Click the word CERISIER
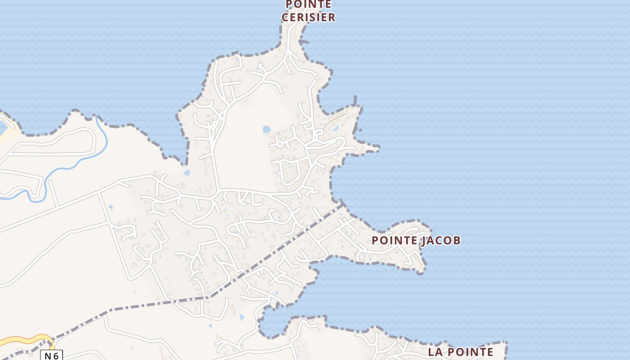click(308, 18)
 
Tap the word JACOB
click(441, 240)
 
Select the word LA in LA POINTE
click(436, 352)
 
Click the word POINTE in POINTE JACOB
click(394, 240)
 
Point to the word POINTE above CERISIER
click(308, 4)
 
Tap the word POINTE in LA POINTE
click(472, 352)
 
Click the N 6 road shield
click(51, 355)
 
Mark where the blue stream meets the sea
click(96, 117)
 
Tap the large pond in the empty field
click(266, 130)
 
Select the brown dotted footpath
click(337, 119)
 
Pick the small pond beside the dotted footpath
click(336, 128)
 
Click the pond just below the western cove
click(187, 172)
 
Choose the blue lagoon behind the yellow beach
click(2, 127)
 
